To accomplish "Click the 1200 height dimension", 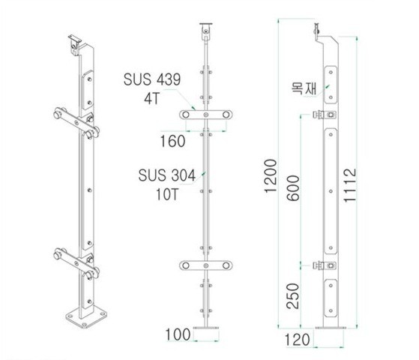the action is [x=271, y=175].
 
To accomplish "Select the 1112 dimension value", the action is [x=350, y=185].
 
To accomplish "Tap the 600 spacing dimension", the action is [x=293, y=188].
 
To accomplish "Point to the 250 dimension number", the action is [x=292, y=295].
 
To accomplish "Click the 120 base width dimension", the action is [x=297, y=340].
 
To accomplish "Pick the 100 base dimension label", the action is [x=178, y=334].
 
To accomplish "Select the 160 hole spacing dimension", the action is [x=172, y=141].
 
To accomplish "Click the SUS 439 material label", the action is [x=152, y=79].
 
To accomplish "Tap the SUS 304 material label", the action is [x=167, y=175].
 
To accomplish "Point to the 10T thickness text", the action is [x=166, y=194].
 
